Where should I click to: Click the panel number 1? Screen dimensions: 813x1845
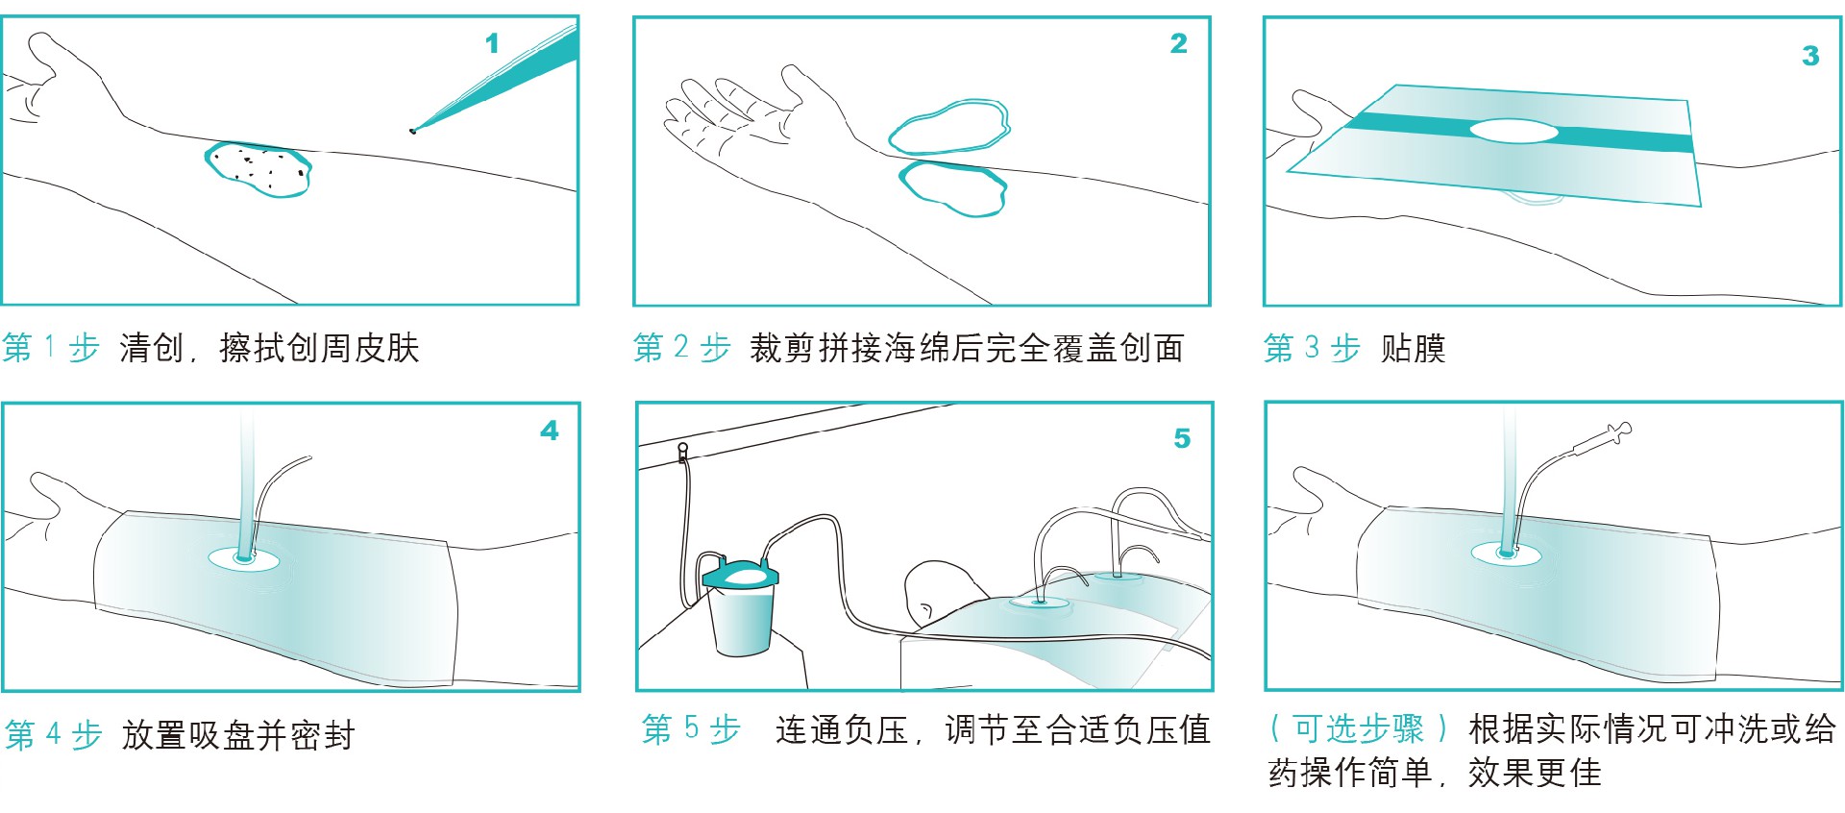(492, 43)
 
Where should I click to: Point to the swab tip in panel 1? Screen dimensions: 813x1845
(414, 130)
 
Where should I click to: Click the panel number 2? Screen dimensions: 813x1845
(1179, 43)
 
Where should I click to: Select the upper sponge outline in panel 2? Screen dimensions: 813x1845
(949, 127)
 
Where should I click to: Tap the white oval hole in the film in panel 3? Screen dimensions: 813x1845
(1513, 131)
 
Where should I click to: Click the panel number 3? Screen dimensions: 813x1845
(1810, 56)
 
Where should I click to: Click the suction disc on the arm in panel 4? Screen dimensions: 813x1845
(244, 557)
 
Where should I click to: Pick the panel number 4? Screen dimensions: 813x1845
(549, 431)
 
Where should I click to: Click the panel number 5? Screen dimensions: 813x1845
(1182, 438)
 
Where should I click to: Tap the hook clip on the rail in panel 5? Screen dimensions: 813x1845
(683, 452)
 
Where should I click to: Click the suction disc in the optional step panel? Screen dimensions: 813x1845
(1506, 553)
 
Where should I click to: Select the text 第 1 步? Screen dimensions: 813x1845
(51, 348)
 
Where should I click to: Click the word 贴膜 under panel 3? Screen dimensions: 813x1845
(1413, 348)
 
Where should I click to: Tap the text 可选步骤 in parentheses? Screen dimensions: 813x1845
(1357, 729)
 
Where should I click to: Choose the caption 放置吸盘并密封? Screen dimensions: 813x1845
(238, 735)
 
